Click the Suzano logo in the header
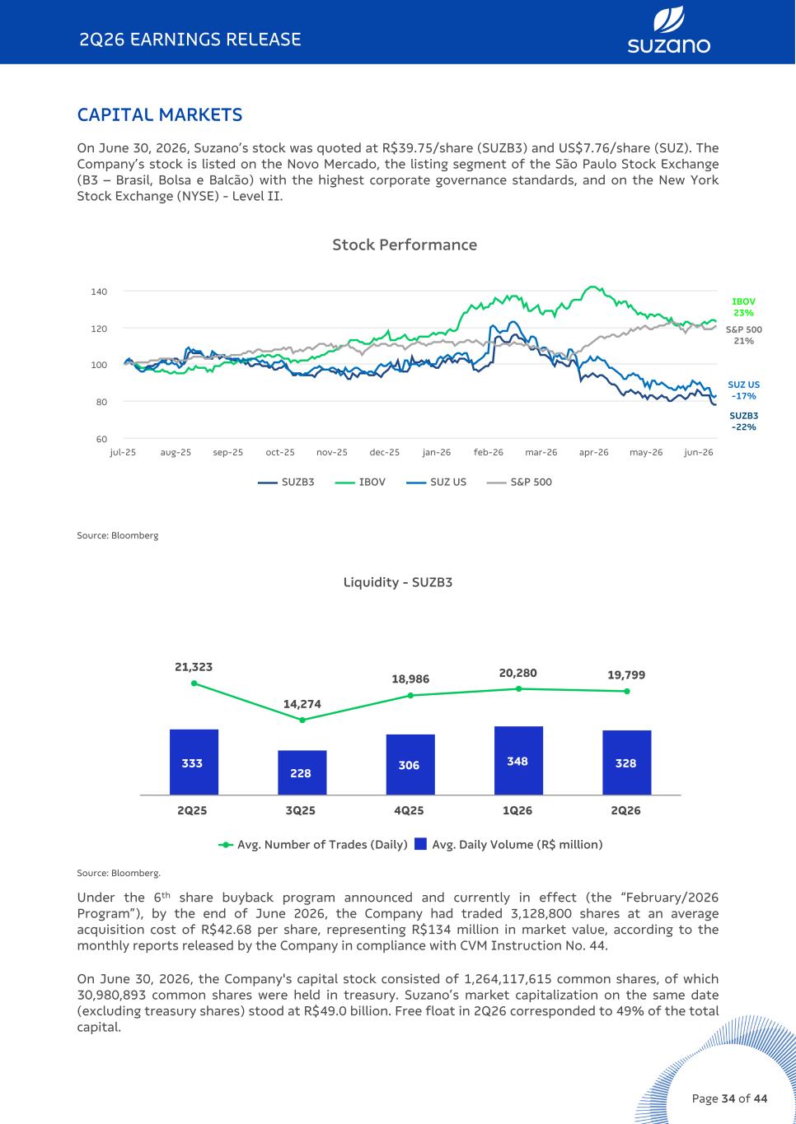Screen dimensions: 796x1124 pos(668,30)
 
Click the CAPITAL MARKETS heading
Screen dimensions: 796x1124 pos(160,115)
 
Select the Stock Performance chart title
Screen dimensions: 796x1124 pos(405,245)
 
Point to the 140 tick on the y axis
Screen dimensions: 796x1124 pos(99,291)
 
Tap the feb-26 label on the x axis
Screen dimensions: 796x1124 pos(488,452)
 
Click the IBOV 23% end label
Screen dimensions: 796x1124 pos(743,307)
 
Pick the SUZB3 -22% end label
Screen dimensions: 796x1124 pos(744,422)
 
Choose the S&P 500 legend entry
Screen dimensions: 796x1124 pos(519,483)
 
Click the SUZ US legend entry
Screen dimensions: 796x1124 pos(436,483)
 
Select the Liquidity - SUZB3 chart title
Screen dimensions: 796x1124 pos(398,582)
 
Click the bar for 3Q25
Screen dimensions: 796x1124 pos(302,772)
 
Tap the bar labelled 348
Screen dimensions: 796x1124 pos(519,760)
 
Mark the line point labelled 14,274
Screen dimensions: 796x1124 pos(302,720)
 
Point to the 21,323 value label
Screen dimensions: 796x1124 pos(194,667)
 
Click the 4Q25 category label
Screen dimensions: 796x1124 pos(409,810)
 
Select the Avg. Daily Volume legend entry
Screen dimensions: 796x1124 pos(508,845)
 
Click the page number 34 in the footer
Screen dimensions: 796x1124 pos(728,1098)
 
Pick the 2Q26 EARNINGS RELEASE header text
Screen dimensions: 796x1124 pos(190,40)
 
